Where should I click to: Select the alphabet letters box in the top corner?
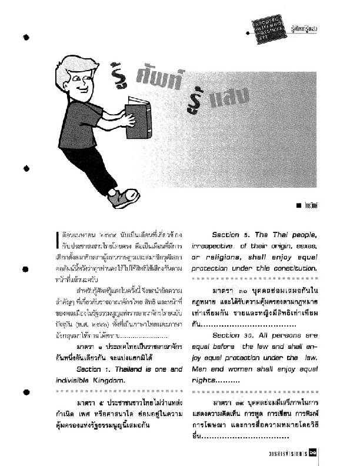pos(271,28)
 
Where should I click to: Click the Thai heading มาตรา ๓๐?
pos(231,291)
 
